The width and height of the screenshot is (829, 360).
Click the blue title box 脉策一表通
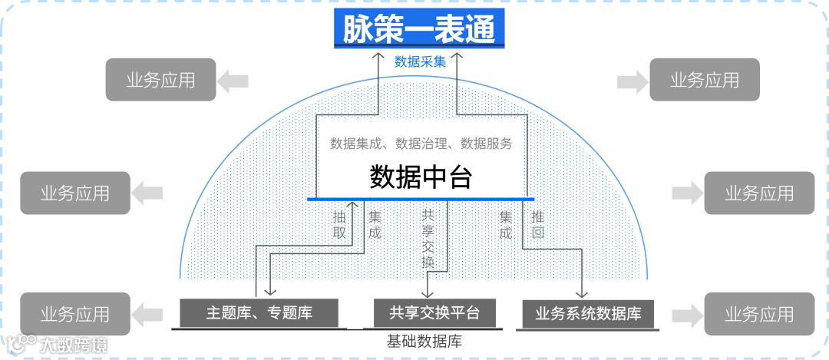coord(419,29)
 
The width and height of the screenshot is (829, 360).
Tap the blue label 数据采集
coord(420,62)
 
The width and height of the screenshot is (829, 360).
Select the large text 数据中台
coord(420,177)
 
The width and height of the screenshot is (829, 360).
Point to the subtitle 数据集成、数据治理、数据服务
coord(421,143)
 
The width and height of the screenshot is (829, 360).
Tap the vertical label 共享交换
coord(428,239)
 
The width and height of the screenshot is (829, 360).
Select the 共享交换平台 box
coord(434,312)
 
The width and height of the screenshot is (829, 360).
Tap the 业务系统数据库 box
coord(588,313)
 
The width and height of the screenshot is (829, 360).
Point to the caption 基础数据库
coord(424,340)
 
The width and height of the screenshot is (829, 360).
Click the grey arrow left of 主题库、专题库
coord(149,312)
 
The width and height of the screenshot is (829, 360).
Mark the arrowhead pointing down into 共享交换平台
coord(428,292)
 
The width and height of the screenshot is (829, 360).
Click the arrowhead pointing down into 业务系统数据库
coord(581,292)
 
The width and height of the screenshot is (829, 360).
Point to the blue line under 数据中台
coord(420,200)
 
